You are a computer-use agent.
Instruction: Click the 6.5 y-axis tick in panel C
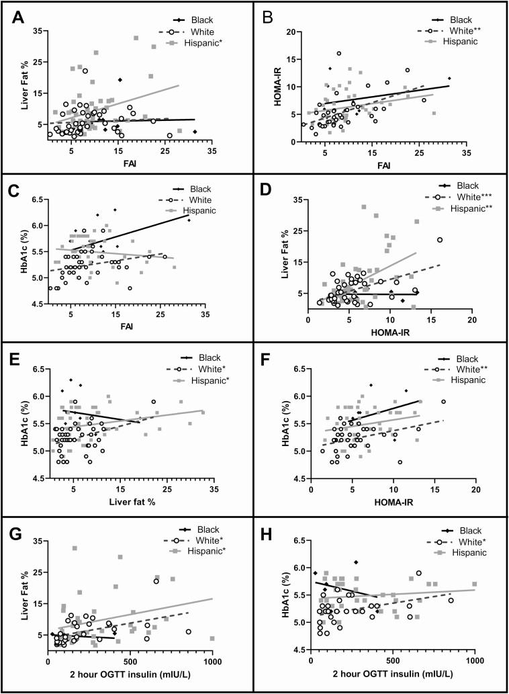coord(36,200)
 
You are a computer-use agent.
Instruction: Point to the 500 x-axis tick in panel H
coord(392,660)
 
